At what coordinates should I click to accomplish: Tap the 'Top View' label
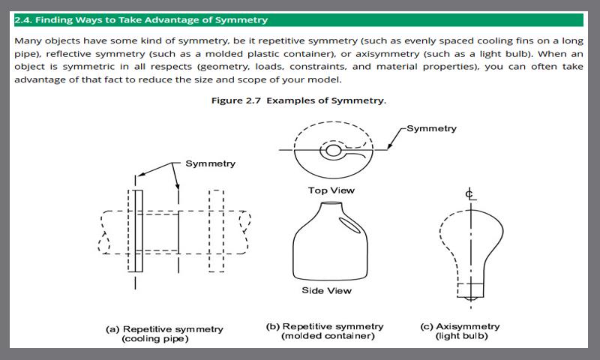coord(331,190)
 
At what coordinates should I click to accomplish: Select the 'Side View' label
coord(326,290)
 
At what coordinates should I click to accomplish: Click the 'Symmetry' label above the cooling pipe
coord(211,163)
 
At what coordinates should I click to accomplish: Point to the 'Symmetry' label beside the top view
coord(431,128)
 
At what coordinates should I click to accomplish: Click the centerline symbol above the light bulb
coord(469,195)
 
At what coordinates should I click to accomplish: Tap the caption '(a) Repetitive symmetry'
coord(163,328)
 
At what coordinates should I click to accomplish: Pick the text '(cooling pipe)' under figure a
coord(155,338)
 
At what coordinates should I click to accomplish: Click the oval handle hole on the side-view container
coord(349,223)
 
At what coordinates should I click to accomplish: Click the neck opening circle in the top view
coord(332,151)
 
